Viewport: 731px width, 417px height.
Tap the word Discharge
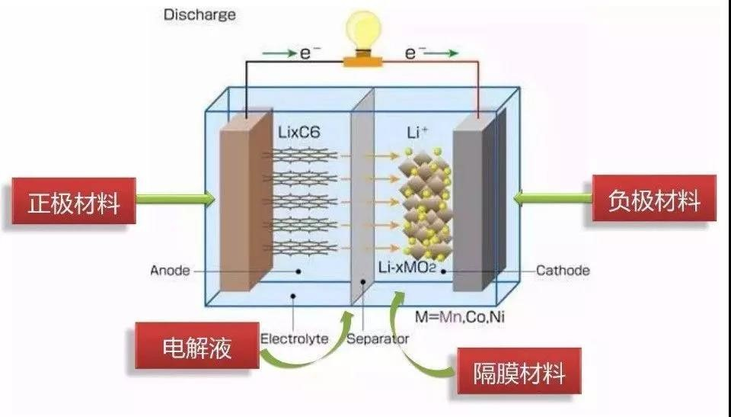200,14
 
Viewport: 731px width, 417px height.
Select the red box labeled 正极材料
73,204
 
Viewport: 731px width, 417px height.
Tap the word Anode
169,270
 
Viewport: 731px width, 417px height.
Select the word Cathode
563,270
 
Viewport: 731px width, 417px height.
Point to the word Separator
378,338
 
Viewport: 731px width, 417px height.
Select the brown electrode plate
243,206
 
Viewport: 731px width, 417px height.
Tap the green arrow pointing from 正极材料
176,200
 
